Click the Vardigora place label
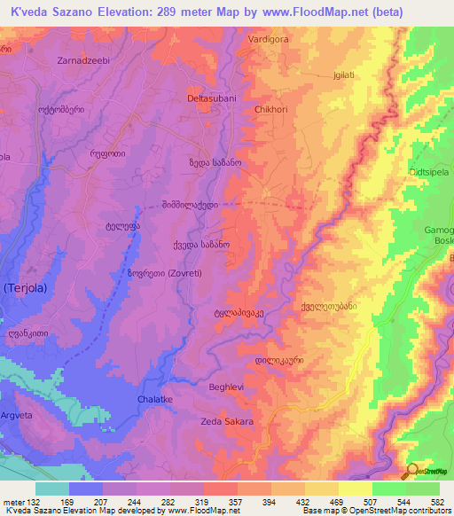(270, 41)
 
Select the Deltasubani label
(211, 98)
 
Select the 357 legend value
(236, 502)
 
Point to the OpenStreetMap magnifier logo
(411, 472)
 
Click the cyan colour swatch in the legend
(51, 489)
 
